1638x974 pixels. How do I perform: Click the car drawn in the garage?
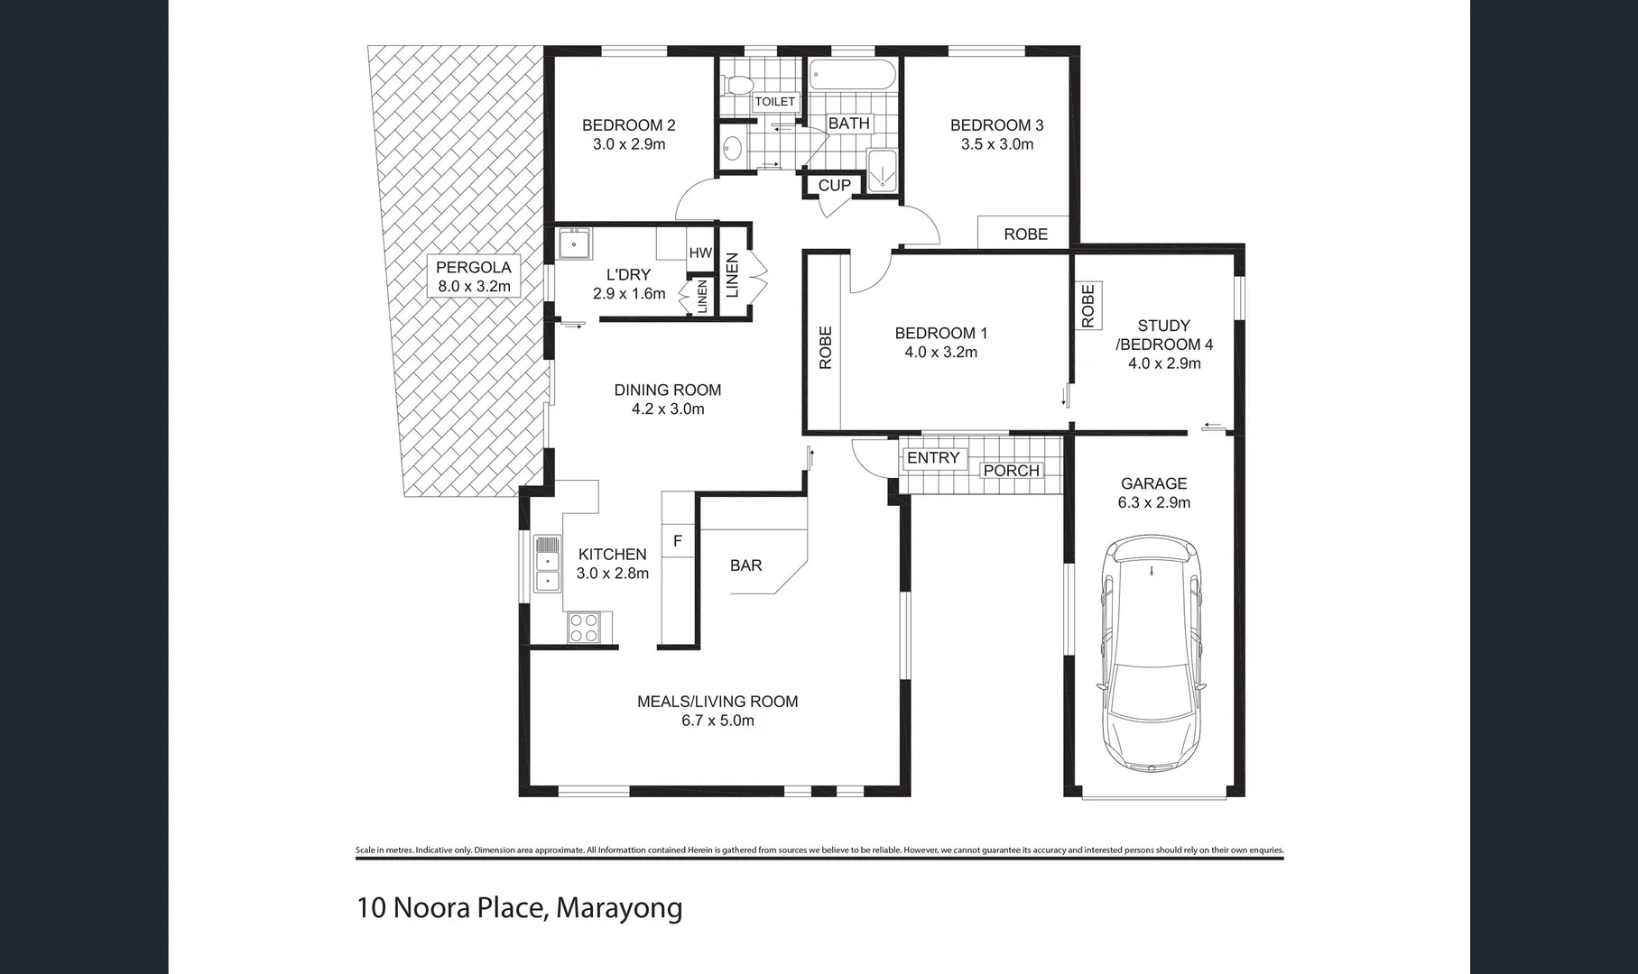tap(1152, 655)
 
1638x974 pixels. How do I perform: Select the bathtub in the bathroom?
tap(852, 75)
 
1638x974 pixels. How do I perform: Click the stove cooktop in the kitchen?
tap(584, 628)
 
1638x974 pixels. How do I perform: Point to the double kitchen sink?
tap(547, 564)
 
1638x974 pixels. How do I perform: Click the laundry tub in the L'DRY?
tap(574, 243)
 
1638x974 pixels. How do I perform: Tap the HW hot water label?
tap(700, 253)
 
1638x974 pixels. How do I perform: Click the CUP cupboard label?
tap(834, 186)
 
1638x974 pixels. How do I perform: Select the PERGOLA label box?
tap(473, 277)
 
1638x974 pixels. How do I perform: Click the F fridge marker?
tap(678, 541)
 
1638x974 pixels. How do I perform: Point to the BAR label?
tap(745, 565)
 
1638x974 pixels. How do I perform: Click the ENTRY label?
tap(933, 458)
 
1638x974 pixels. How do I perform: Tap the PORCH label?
tap(1011, 471)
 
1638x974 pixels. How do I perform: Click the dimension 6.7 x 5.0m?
tap(718, 721)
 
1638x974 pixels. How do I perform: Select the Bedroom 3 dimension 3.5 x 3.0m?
tap(996, 144)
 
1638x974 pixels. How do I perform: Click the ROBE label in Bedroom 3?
tap(1025, 234)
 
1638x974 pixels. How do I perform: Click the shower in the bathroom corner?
tap(882, 171)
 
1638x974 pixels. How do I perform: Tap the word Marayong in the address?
tap(619, 907)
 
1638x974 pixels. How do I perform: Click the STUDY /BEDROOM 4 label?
tap(1163, 335)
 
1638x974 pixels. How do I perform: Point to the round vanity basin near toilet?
tap(732, 148)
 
